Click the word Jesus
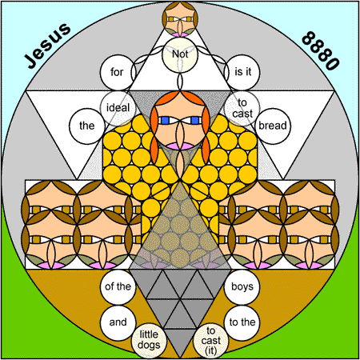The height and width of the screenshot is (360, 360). [x=47, y=45]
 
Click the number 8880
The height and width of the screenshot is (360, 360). [x=321, y=50]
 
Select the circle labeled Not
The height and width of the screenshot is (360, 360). [x=180, y=54]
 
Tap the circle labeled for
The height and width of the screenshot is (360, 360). [x=118, y=72]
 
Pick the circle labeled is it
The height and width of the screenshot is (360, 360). [x=242, y=72]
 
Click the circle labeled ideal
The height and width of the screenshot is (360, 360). [x=118, y=108]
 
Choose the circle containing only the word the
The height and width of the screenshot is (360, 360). [x=86, y=126]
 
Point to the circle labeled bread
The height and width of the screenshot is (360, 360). [x=273, y=126]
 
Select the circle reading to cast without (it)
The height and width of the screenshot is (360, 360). [x=242, y=108]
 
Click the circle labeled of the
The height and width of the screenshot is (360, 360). [x=118, y=286]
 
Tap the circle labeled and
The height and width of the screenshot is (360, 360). [x=118, y=322]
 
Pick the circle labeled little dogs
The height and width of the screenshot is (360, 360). [x=149, y=340]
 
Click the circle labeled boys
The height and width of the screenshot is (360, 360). [x=242, y=286]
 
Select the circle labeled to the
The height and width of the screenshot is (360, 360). [x=242, y=322]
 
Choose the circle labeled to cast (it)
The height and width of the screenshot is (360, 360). [x=211, y=340]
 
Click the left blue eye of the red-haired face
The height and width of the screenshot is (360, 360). [x=165, y=121]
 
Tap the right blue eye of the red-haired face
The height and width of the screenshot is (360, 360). [x=195, y=121]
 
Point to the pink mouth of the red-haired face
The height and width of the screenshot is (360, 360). [x=180, y=146]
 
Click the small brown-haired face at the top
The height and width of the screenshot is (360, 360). [x=180, y=19]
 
